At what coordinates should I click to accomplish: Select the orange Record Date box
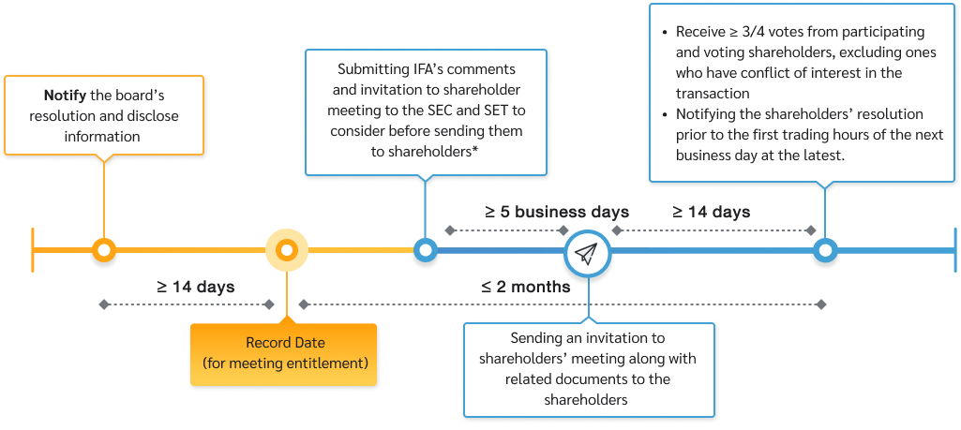click(x=284, y=354)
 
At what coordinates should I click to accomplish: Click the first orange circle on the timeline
click(x=104, y=250)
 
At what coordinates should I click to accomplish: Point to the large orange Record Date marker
click(x=287, y=250)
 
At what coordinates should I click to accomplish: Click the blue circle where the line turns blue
click(x=425, y=250)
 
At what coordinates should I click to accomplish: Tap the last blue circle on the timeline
click(x=824, y=250)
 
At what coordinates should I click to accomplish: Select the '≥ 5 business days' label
click(x=556, y=212)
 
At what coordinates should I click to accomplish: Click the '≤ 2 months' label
click(x=526, y=287)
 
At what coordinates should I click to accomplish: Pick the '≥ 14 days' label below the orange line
click(x=196, y=286)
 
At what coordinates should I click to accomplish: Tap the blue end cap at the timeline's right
click(x=955, y=250)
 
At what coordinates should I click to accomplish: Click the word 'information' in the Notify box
click(x=102, y=137)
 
